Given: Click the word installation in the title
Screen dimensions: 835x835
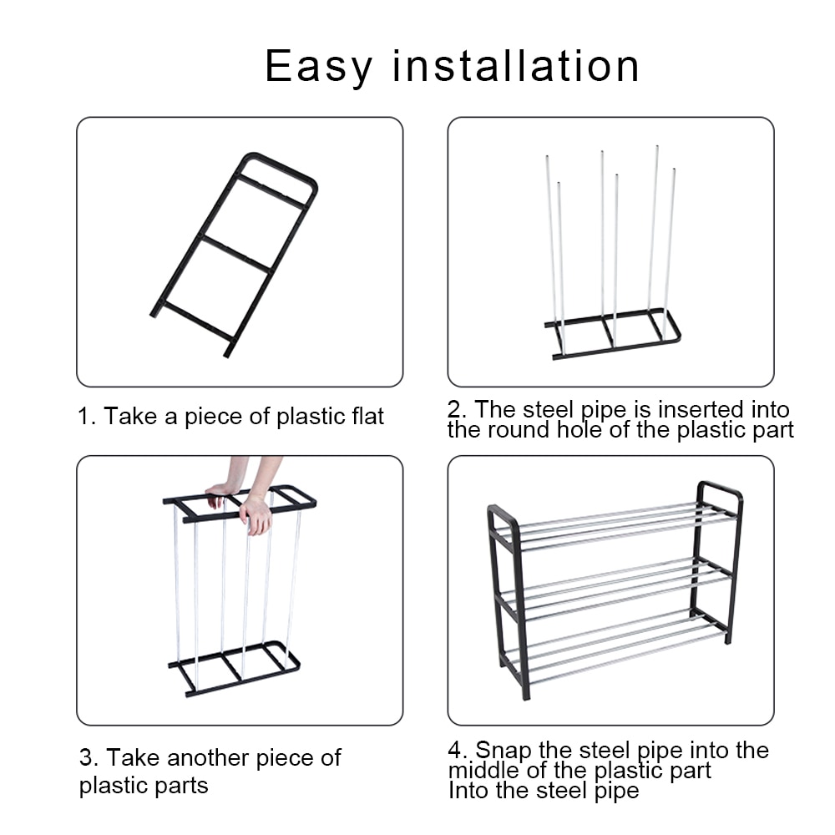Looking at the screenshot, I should point(516,67).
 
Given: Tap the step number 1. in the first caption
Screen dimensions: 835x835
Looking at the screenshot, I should point(88,416).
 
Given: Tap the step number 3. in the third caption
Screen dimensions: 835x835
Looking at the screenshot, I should point(89,758).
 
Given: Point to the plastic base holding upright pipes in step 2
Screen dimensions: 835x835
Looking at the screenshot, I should point(612,334).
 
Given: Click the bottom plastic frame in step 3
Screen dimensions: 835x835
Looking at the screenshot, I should point(234,668).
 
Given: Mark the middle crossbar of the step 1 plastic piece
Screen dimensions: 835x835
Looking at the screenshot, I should point(237,253).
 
